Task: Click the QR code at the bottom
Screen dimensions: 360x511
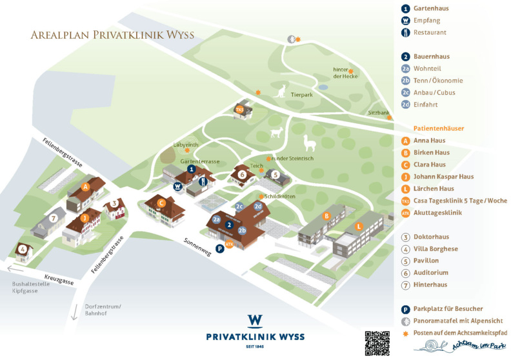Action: (x=377, y=343)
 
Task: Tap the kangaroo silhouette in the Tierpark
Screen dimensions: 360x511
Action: (x=280, y=93)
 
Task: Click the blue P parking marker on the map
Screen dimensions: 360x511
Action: (x=220, y=248)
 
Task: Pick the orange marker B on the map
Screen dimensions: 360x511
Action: (x=326, y=215)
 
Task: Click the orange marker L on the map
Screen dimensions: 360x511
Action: (x=359, y=226)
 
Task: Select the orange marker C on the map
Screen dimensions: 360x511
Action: (x=162, y=202)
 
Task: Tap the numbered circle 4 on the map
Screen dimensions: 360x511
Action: (x=23, y=248)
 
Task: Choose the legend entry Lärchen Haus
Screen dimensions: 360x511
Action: (x=434, y=188)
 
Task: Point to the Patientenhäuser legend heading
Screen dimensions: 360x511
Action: (x=439, y=128)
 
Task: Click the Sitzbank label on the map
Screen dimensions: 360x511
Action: (x=379, y=113)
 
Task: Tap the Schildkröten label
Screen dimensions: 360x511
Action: (x=280, y=196)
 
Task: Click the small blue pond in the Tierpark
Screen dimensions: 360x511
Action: (x=323, y=86)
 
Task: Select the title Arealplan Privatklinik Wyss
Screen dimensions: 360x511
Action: (x=112, y=35)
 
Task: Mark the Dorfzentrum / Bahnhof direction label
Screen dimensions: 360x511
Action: (x=102, y=310)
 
